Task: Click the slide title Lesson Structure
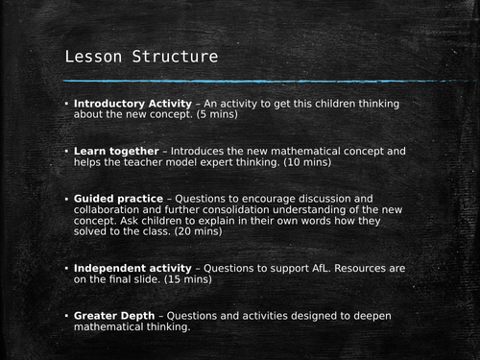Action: coord(141,58)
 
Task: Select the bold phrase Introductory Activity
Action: coord(131,104)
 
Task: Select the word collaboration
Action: coord(114,213)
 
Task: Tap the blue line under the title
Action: coord(240,81)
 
